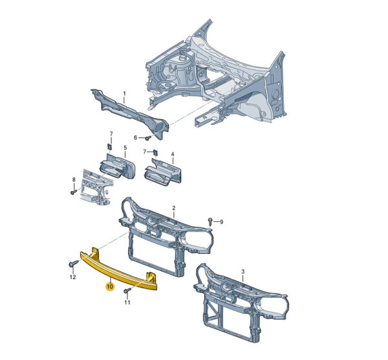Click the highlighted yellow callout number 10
110,286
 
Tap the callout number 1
124,94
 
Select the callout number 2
174,208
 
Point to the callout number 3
242,271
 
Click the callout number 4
173,154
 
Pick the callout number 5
125,148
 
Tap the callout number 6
135,137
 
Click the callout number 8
74,179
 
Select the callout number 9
221,222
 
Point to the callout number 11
127,302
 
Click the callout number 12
72,277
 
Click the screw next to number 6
148,137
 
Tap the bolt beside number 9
210,221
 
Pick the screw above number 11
127,290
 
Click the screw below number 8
73,192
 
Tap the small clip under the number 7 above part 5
110,147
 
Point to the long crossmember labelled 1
130,113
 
